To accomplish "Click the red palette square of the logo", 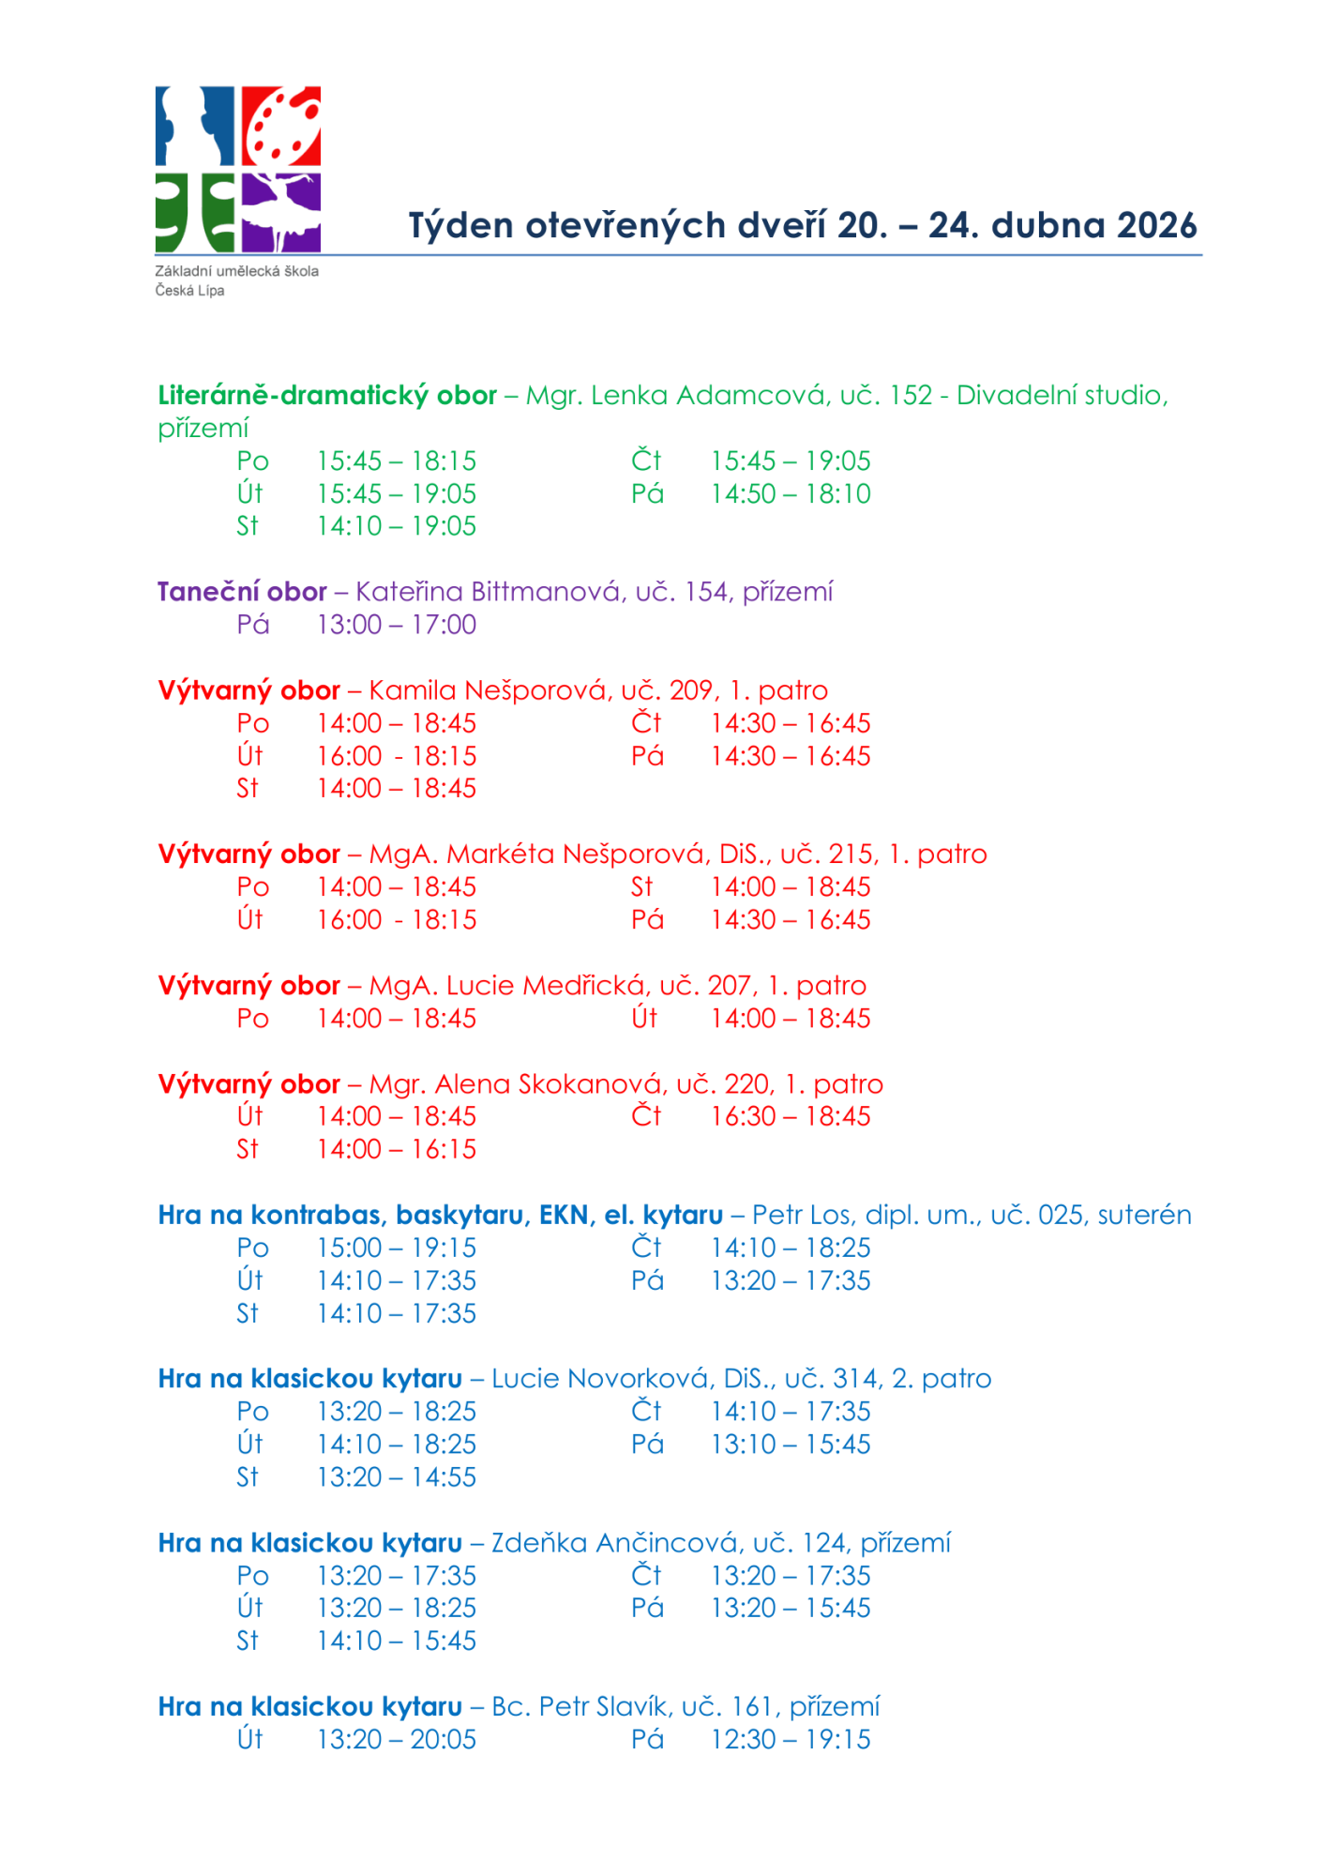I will click(281, 127).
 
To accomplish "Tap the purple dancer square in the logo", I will click(281, 213).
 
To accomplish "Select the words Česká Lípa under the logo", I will click(190, 291).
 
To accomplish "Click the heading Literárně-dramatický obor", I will click(327, 396).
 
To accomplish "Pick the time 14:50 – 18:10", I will click(791, 494).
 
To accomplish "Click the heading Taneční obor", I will click(242, 592).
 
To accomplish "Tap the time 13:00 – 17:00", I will click(397, 625).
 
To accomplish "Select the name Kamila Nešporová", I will click(489, 690).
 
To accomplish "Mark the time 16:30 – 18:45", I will click(791, 1116).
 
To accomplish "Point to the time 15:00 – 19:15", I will click(397, 1248).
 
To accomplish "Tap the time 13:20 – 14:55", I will click(397, 1477).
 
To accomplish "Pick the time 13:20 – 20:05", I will click(397, 1740).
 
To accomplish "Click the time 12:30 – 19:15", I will click(791, 1740).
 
